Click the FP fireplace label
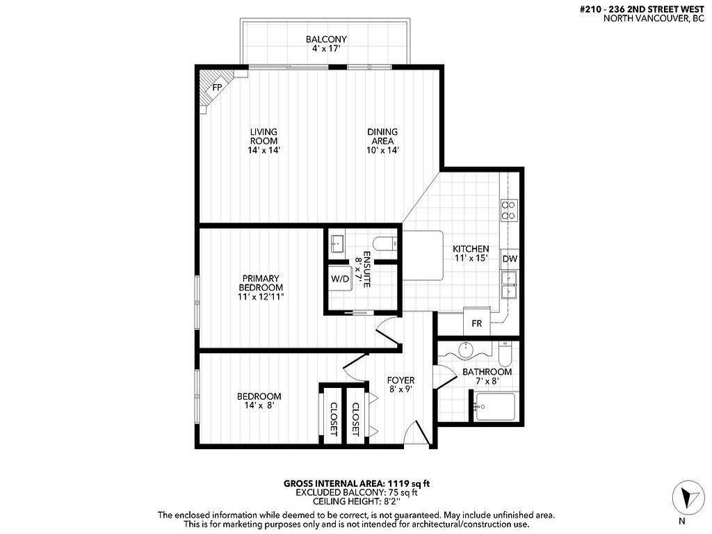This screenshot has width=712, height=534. pyautogui.click(x=217, y=88)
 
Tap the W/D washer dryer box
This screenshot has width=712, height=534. pyautogui.click(x=340, y=279)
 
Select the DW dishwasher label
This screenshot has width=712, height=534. pyautogui.click(x=510, y=259)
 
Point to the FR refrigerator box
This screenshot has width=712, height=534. pyautogui.click(x=477, y=323)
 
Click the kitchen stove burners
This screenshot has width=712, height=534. pyautogui.click(x=509, y=210)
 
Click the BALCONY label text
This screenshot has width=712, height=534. pyautogui.click(x=326, y=40)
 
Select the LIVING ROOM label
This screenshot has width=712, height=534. pyautogui.click(x=264, y=136)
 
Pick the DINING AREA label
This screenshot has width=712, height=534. pyautogui.click(x=382, y=136)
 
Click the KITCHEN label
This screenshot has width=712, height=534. pyautogui.click(x=471, y=249)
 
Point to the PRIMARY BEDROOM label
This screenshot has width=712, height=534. pyautogui.click(x=261, y=283)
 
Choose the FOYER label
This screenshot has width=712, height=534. pyautogui.click(x=400, y=380)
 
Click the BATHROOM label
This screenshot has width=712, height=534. pyautogui.click(x=487, y=372)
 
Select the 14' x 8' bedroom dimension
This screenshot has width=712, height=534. pyautogui.click(x=259, y=406)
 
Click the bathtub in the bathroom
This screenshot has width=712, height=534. pyautogui.click(x=494, y=407)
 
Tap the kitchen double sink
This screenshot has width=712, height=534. pyautogui.click(x=510, y=284)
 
